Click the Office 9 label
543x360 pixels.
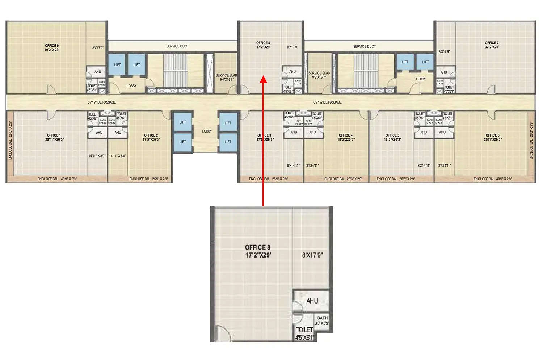pyautogui.click(x=52, y=48)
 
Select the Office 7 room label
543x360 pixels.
pyautogui.click(x=492, y=45)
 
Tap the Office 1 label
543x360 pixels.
pyautogui.click(x=54, y=137)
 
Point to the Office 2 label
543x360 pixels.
pyautogui.click(x=151, y=137)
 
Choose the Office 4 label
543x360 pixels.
pyautogui.click(x=345, y=137)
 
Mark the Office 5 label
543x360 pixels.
pyautogui.click(x=392, y=137)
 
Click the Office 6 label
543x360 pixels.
pyautogui.click(x=492, y=137)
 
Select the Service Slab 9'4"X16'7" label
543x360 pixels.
pyautogui.click(x=226, y=78)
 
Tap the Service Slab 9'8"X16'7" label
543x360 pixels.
pyautogui.click(x=319, y=75)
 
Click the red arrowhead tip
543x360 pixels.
pyautogui.click(x=263, y=77)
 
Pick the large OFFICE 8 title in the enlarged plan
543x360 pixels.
pyautogui.click(x=258, y=251)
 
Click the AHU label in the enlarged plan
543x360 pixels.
pyautogui.click(x=312, y=301)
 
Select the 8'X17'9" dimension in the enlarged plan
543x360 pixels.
pyautogui.click(x=312, y=255)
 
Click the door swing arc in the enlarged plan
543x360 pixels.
pyautogui.click(x=222, y=333)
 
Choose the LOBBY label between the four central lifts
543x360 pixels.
pyautogui.click(x=207, y=131)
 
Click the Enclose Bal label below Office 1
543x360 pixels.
pyautogui.click(x=57, y=179)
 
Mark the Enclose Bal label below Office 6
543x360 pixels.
pyautogui.click(x=492, y=179)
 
